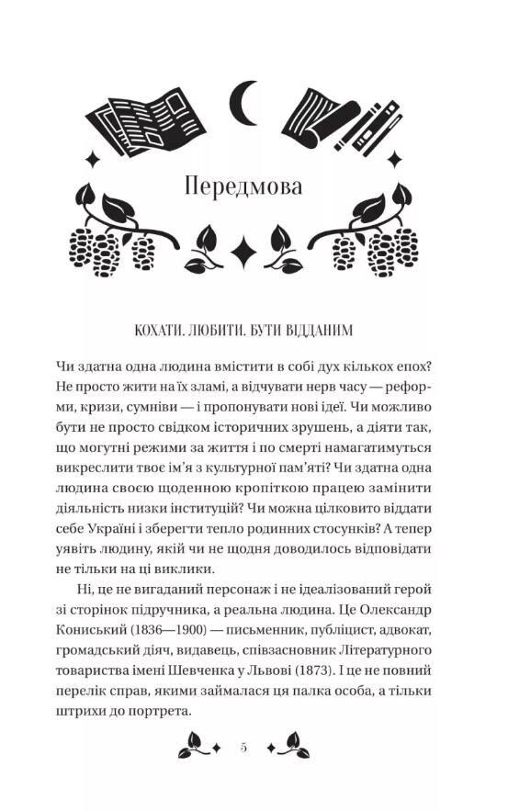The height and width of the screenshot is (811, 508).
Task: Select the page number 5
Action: pos(244,749)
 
